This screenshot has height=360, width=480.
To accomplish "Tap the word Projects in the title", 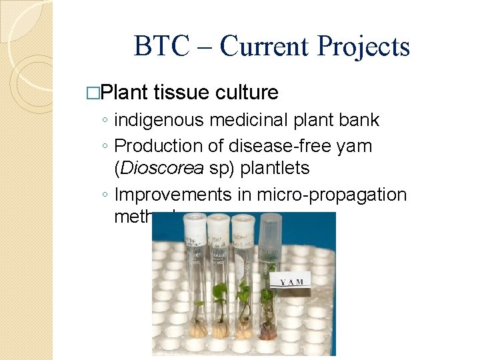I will pyautogui.click(x=363, y=47).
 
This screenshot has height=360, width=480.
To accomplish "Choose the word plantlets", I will pyautogui.click(x=274, y=168).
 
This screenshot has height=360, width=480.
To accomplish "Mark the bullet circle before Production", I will pyautogui.click(x=106, y=146).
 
